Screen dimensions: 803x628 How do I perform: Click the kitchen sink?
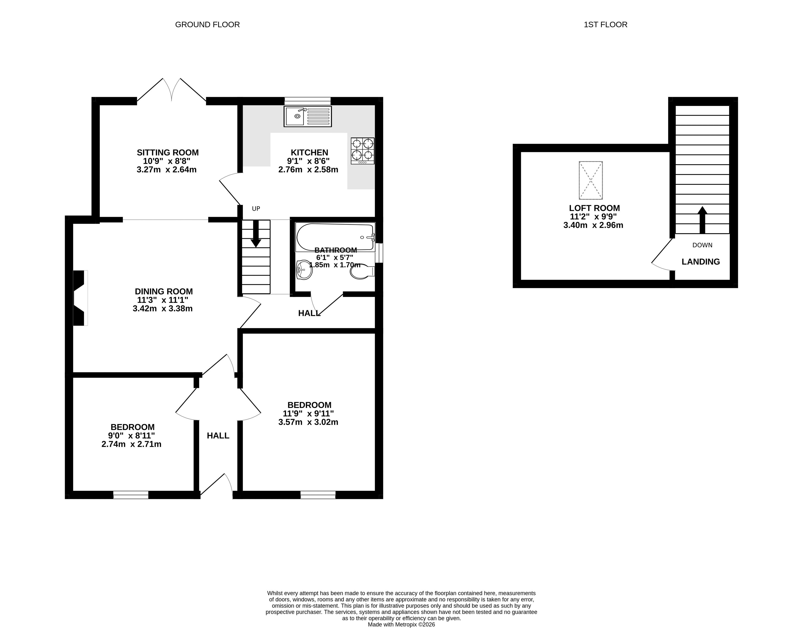tap(308, 116)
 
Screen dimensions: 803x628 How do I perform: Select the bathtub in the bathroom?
tap(335, 237)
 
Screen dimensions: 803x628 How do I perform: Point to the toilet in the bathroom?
tap(362, 271)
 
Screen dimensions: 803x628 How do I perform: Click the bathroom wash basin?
tap(304, 270)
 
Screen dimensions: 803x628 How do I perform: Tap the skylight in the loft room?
tap(591, 180)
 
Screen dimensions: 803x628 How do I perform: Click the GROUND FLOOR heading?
tap(207, 25)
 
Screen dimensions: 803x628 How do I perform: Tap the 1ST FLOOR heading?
tap(605, 25)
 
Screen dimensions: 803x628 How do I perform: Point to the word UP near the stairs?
tap(256, 208)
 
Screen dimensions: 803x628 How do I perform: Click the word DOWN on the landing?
tap(702, 245)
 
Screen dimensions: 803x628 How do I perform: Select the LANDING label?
tap(701, 262)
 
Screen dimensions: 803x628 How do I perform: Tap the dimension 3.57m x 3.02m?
tap(308, 422)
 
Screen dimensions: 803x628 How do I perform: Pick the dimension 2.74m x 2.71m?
tap(131, 444)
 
